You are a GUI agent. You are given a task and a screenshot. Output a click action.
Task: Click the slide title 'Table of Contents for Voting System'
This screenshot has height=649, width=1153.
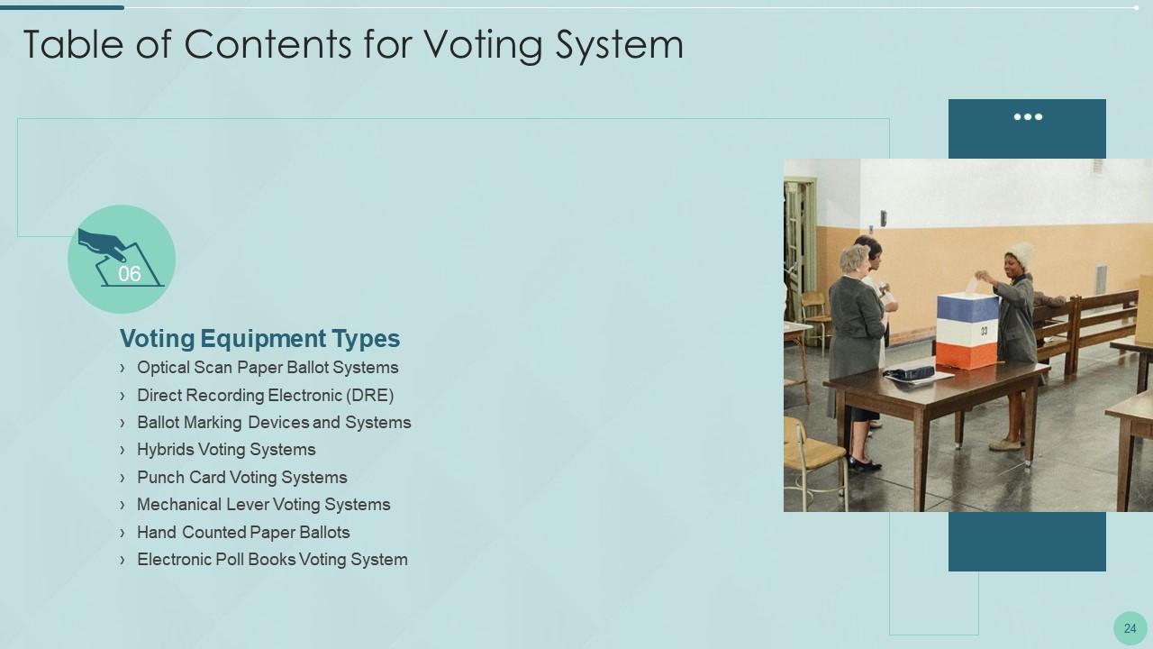pos(353,44)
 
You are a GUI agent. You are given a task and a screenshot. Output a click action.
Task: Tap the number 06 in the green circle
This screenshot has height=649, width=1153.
pos(130,274)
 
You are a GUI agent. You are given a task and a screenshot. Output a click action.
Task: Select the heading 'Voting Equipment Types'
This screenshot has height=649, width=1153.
pos(259,339)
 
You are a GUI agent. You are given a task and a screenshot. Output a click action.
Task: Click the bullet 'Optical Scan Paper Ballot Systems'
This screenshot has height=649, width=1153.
pos(268,368)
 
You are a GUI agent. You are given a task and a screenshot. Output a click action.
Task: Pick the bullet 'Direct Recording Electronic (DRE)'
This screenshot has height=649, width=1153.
pos(265,395)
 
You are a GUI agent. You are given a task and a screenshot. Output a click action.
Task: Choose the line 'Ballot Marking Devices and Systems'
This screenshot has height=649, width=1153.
pos(274,423)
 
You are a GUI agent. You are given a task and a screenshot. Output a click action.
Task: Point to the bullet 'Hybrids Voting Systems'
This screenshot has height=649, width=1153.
pos(226,450)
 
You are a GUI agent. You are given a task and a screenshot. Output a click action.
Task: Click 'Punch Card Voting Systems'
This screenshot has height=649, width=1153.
pos(241,478)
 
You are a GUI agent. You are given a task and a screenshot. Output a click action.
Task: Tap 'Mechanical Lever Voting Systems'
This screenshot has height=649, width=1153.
pos(263,505)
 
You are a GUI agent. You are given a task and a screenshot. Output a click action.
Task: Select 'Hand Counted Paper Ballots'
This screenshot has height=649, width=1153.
pos(243,533)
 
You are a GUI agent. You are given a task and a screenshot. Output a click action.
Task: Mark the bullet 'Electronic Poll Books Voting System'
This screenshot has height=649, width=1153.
pos(272,560)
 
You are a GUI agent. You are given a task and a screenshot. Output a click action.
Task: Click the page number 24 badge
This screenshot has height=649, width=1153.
pos(1130,629)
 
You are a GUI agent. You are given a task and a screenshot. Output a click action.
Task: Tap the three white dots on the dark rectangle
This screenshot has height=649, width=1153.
pos(1028,117)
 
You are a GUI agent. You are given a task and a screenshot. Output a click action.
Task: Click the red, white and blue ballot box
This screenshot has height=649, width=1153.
pos(967,330)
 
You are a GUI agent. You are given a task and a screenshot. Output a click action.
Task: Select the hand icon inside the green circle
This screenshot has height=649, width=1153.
pos(102,242)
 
